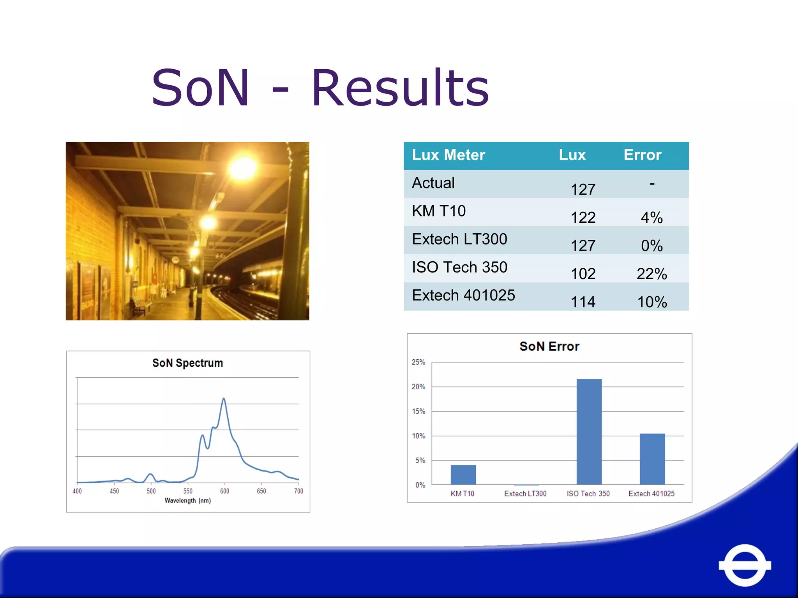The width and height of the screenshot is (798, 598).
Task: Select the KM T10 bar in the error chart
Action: [x=463, y=475]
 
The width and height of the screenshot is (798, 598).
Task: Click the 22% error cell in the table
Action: [x=651, y=274]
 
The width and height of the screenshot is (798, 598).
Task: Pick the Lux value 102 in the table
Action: [x=583, y=274]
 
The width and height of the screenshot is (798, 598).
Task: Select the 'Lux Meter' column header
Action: [x=448, y=155]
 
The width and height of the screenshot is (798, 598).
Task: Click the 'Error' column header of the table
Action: [x=642, y=155]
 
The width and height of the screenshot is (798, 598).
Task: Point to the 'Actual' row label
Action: [x=433, y=183]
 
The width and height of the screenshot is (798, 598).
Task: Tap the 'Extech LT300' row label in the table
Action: [x=459, y=239]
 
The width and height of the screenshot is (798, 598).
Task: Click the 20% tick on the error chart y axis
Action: [x=418, y=387]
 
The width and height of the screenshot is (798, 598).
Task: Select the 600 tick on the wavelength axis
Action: [x=224, y=491]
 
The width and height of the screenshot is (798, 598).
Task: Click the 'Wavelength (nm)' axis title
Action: [x=187, y=500]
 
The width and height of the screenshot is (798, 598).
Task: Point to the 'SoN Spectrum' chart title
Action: [x=187, y=363]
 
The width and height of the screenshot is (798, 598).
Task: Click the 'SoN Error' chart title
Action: [x=549, y=346]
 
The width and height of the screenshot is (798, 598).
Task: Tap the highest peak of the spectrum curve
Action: [x=224, y=399]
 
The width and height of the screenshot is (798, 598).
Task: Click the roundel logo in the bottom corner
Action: [x=745, y=565]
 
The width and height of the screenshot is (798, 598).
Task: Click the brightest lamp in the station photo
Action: [x=243, y=167]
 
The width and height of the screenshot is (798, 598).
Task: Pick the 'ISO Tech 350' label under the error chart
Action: [x=588, y=494]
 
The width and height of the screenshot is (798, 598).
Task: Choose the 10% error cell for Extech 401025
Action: [x=651, y=302]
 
